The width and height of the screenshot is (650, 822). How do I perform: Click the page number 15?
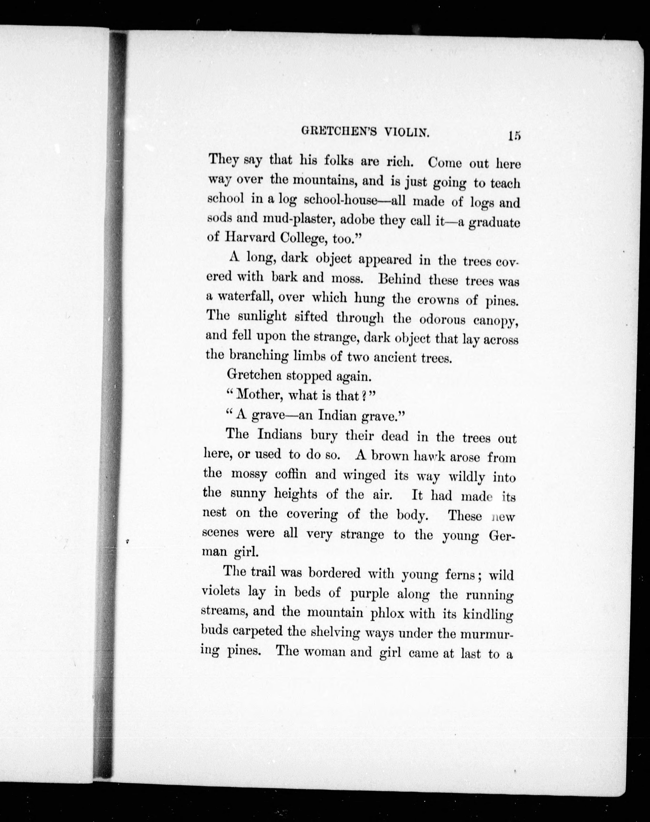[513, 136]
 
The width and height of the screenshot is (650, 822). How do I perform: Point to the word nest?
[214, 513]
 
